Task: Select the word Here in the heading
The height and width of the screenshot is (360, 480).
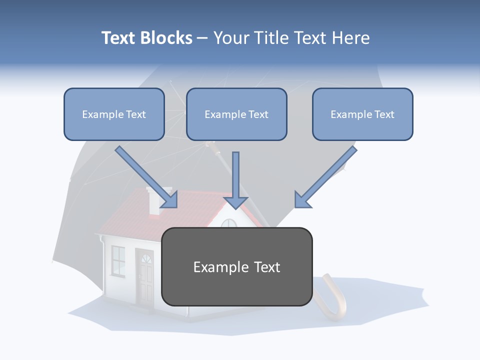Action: pos(350,38)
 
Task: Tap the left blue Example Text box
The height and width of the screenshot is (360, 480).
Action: pos(114,114)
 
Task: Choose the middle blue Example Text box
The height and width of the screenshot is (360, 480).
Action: pos(236,114)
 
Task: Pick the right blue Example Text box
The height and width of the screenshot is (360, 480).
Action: pos(362,114)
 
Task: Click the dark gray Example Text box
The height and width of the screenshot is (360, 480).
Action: pos(236,266)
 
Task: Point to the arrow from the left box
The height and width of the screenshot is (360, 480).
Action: pos(145,176)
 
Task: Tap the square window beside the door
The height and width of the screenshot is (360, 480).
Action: pos(118,260)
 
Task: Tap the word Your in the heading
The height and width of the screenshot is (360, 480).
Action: pos(230,38)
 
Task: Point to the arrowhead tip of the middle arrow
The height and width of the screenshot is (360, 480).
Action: pos(235,207)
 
